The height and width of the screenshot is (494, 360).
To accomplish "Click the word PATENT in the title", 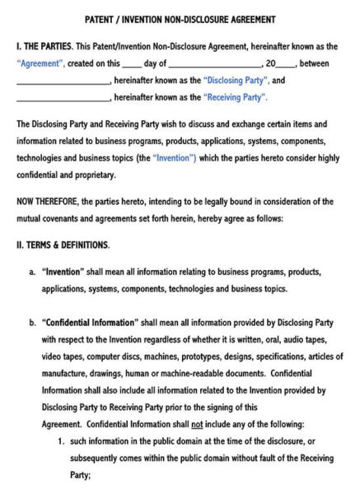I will click(x=103, y=19).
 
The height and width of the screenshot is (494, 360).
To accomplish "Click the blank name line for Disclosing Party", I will click(x=62, y=82).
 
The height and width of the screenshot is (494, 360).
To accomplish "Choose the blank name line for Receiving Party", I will click(x=62, y=99).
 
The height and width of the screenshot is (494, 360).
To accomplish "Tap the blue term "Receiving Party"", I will click(x=234, y=97).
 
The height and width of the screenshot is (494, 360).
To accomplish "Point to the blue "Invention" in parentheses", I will click(x=174, y=156).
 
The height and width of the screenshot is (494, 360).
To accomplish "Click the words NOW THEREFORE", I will click(x=49, y=202).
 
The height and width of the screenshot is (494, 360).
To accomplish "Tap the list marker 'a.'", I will click(x=32, y=272).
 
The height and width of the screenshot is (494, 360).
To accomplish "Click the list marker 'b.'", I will click(x=32, y=324).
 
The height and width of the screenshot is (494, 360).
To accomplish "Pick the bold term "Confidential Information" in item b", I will click(x=89, y=324).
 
